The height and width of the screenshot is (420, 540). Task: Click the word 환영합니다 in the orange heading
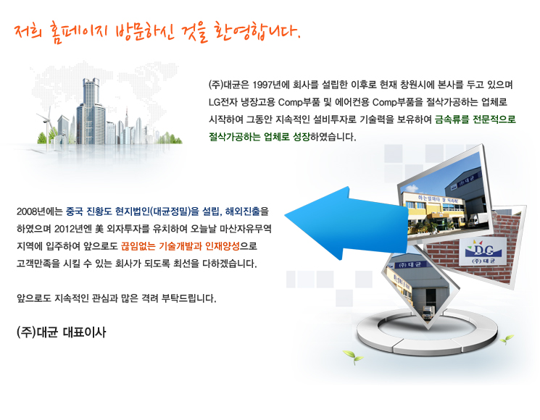coord(257,32)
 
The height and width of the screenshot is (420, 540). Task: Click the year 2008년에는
coord(40,211)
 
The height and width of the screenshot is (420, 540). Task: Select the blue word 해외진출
coord(242,211)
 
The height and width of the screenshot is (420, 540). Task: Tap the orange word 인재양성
coord(222,246)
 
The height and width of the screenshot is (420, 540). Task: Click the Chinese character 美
coord(99,229)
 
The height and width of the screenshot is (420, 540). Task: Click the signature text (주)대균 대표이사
coord(62,332)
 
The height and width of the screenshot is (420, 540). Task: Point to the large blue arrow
coord(346,223)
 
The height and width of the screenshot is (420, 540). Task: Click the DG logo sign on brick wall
coord(483,251)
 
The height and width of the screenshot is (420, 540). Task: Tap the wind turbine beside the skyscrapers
coord(47,125)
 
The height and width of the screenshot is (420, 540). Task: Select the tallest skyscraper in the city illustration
coord(91,111)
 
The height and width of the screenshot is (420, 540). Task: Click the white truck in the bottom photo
coord(428,312)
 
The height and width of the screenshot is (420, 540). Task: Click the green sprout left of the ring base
coord(353,356)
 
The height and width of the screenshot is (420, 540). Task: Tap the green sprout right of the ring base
coord(507,340)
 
